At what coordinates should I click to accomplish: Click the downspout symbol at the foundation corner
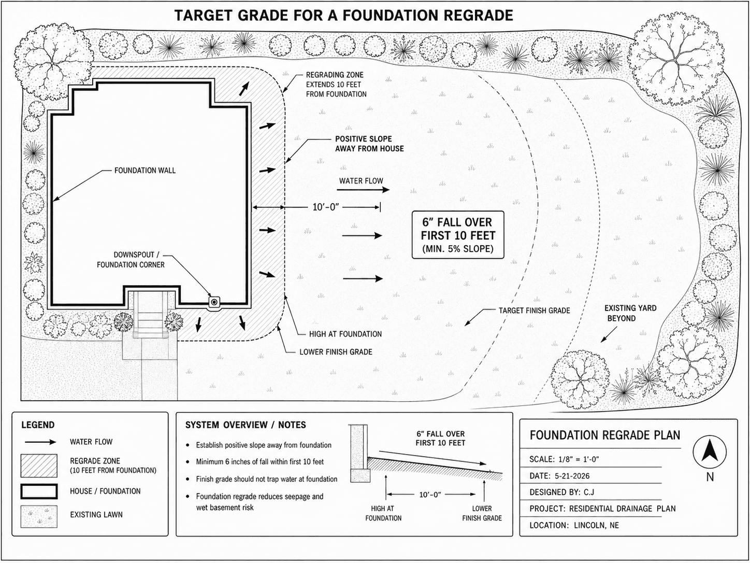214,303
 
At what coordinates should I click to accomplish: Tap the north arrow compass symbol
710,452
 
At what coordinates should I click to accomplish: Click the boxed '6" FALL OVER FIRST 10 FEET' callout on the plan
458,235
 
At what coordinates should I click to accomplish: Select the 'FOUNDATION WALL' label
145,171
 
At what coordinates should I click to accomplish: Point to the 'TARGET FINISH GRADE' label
535,311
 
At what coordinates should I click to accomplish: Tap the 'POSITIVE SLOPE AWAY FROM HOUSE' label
369,144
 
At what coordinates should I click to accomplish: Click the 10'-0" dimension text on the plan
326,207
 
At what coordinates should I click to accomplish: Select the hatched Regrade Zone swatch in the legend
39,466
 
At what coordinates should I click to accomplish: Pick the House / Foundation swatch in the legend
39,491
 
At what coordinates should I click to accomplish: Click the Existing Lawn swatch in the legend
39,516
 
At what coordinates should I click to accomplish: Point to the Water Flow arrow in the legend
40,442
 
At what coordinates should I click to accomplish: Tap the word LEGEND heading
38,425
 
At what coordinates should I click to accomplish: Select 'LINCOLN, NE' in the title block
596,525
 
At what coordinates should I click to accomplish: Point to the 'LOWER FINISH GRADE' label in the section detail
482,513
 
